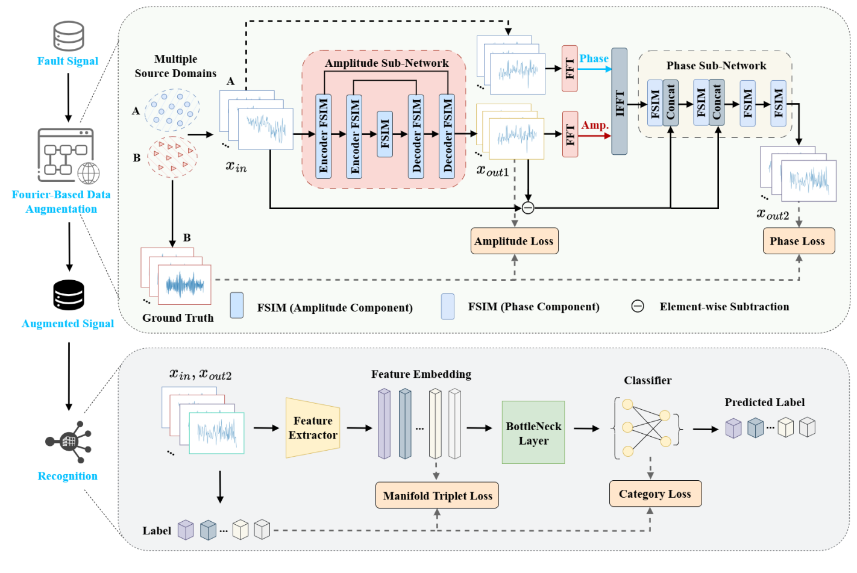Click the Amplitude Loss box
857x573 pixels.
tap(513, 241)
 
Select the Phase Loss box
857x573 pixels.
tap(798, 241)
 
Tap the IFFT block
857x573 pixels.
tap(619, 101)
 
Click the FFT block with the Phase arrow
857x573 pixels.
tap(570, 69)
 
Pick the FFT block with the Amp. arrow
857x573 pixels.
tap(570, 134)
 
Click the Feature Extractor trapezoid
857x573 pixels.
tap(312, 428)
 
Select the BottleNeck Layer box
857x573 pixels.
tap(533, 433)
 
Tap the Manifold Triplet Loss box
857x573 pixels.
tap(437, 495)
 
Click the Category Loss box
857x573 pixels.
tap(655, 493)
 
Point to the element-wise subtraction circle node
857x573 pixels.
tap(528, 208)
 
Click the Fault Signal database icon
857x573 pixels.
tap(68, 36)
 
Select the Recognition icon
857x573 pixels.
tap(69, 442)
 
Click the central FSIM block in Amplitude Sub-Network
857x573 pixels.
tap(385, 134)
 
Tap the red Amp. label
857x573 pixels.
tap(595, 125)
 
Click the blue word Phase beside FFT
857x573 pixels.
tap(594, 58)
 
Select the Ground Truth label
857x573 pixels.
tap(178, 318)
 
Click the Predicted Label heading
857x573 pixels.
tap(764, 402)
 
